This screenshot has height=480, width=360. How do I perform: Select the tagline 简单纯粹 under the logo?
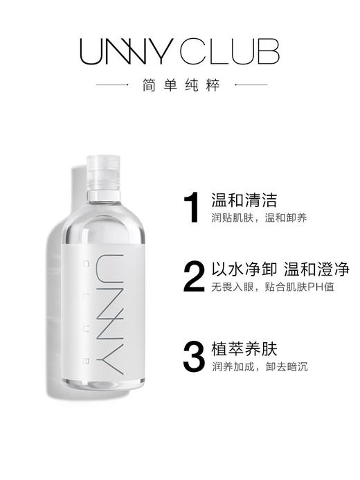[x=180, y=86]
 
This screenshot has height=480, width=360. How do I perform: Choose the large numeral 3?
[x=192, y=355]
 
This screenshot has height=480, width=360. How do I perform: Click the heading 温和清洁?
[x=234, y=201]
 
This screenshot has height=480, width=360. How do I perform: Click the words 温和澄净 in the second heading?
[x=305, y=269]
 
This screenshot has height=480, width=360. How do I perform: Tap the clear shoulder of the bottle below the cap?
[x=104, y=201]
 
